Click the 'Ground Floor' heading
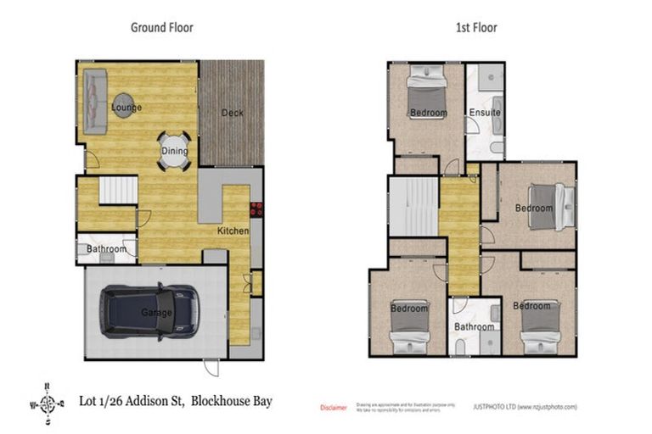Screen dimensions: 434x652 click(x=161, y=27)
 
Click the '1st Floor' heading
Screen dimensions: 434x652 click(x=475, y=27)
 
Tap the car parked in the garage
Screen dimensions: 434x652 click(x=149, y=311)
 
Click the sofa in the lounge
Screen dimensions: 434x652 click(x=94, y=103)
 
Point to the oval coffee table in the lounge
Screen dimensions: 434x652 click(x=123, y=104)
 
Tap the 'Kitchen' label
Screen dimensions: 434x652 click(x=232, y=231)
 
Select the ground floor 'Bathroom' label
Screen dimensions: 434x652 click(x=106, y=249)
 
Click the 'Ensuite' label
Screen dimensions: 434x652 click(x=484, y=113)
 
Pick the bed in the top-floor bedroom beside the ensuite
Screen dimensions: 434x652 click(x=427, y=96)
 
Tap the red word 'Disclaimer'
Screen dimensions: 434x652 click(x=333, y=408)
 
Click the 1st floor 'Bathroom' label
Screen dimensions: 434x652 click(x=474, y=326)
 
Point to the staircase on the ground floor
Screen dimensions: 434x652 click(x=118, y=191)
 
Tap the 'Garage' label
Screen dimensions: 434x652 click(x=156, y=313)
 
